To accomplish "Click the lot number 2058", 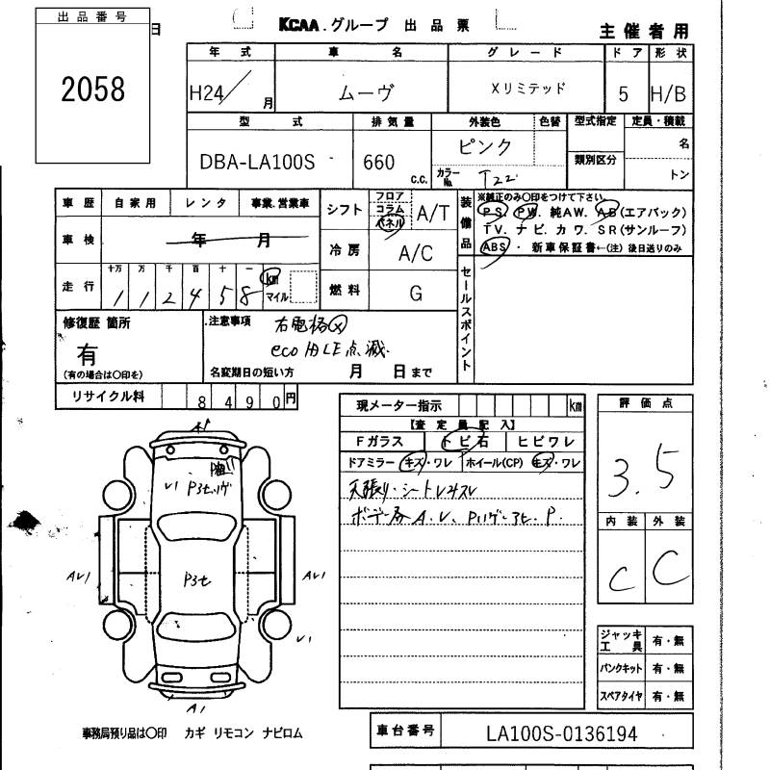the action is pos(92,89).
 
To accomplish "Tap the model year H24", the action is pos(209,92).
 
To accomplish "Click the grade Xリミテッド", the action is pos(528,89).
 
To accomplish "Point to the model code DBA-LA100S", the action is pos(257,163).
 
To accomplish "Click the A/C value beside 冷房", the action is pos(416,253).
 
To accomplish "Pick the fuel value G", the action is pos(416,292).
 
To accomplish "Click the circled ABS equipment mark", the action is pos(494,246).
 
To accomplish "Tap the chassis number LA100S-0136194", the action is pos(562,734).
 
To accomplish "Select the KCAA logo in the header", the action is pos(306,26).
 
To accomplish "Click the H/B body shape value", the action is pos(669,94).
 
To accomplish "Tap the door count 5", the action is pos(624,94).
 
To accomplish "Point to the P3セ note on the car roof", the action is pos(203,580).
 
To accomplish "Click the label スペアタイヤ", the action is pos(619,695).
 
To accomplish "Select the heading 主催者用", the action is pos(645,31).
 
